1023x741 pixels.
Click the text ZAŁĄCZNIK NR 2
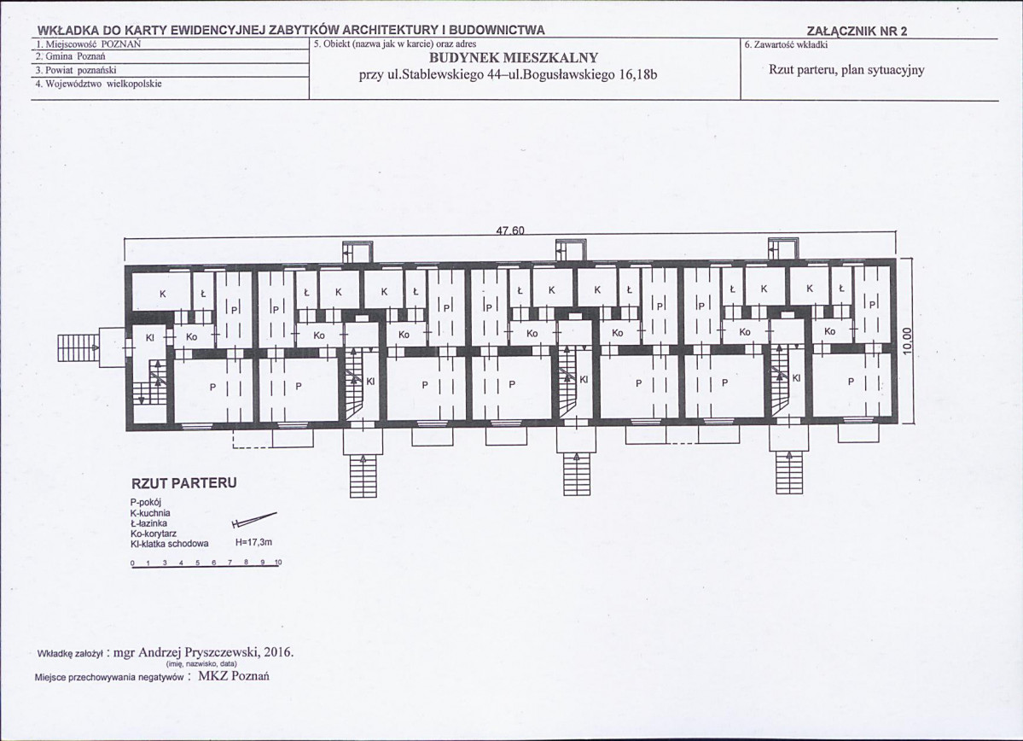tap(857, 32)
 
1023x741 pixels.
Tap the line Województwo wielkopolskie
tap(98, 84)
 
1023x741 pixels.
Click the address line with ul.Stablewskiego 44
tap(508, 74)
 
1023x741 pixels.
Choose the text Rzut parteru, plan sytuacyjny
tap(847, 70)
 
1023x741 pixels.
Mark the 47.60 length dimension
tap(510, 230)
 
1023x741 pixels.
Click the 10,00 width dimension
tap(909, 341)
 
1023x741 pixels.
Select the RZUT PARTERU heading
tap(184, 484)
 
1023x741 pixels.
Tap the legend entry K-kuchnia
tap(150, 513)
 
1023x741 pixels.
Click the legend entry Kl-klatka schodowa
tap(170, 544)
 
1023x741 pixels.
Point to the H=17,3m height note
tap(253, 543)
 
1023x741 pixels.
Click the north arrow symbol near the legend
tap(253, 520)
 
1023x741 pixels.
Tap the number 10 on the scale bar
tap(279, 562)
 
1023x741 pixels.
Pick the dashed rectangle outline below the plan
tap(253, 440)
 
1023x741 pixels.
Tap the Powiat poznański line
tap(76, 70)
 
